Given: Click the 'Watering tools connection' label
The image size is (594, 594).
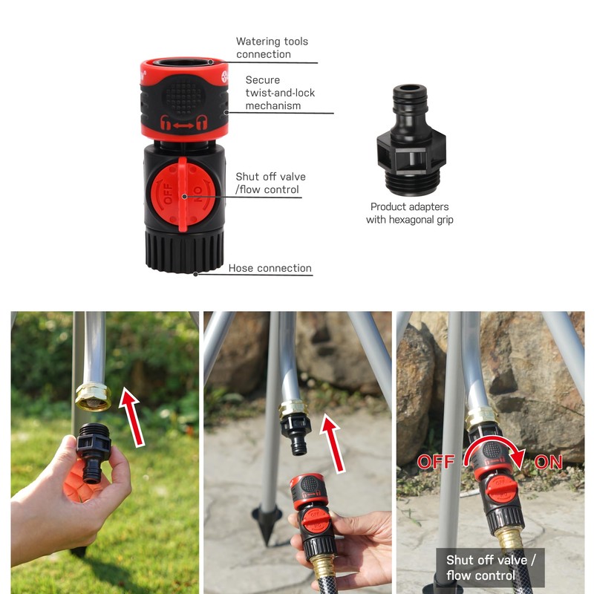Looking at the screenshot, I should [x=272, y=48].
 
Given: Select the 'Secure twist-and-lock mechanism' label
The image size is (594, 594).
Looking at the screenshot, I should [x=273, y=92].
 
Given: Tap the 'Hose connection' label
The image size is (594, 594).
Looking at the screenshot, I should [x=270, y=268].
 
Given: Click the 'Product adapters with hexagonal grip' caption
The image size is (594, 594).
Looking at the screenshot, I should [x=409, y=213].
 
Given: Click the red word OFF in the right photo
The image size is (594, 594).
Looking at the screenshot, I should [x=435, y=462].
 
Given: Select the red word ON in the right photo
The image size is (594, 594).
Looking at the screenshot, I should [x=548, y=462].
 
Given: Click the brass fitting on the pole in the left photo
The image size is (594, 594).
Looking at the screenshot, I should [x=93, y=397].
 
